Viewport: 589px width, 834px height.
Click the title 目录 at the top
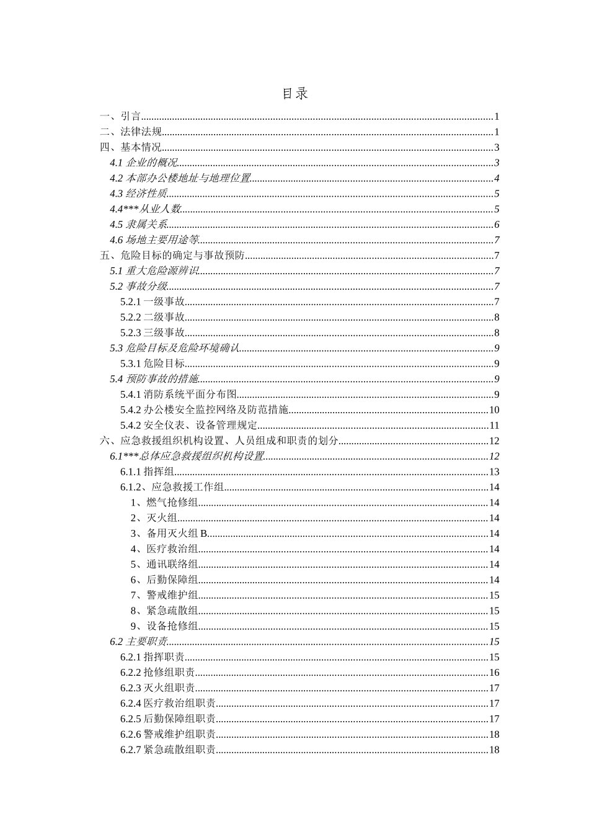pyautogui.click(x=294, y=94)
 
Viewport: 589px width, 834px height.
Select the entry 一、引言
pyautogui.click(x=121, y=116)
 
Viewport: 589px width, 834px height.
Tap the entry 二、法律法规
pyautogui.click(x=131, y=132)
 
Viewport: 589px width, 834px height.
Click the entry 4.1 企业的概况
pyautogui.click(x=143, y=163)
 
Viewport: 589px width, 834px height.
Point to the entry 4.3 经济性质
pyautogui.click(x=138, y=194)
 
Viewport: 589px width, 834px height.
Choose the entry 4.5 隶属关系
pyautogui.click(x=138, y=225)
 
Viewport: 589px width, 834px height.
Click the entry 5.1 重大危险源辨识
pyautogui.click(x=154, y=271)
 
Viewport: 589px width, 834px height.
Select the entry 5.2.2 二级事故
pyautogui.click(x=153, y=317)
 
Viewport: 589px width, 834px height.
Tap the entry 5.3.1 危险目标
pyautogui.click(x=153, y=364)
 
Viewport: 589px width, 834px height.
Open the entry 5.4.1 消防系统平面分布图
pyautogui.click(x=179, y=394)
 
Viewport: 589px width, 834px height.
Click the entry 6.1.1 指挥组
pyautogui.click(x=147, y=472)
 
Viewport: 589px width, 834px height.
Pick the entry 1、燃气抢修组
pyautogui.click(x=164, y=503)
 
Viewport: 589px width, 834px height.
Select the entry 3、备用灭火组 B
pyautogui.click(x=169, y=533)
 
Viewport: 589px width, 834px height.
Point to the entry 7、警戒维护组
pyautogui.click(x=164, y=595)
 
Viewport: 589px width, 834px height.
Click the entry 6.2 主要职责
pyautogui.click(x=138, y=642)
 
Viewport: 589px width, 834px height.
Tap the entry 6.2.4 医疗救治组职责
pyautogui.click(x=168, y=703)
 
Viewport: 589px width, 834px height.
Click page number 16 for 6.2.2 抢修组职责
pyautogui.click(x=494, y=673)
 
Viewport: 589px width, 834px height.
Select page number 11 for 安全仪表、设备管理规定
pyautogui.click(x=494, y=425)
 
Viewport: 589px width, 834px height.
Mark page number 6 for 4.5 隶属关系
pyautogui.click(x=497, y=225)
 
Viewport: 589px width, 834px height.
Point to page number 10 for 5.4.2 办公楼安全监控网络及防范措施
pyautogui.click(x=494, y=410)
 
